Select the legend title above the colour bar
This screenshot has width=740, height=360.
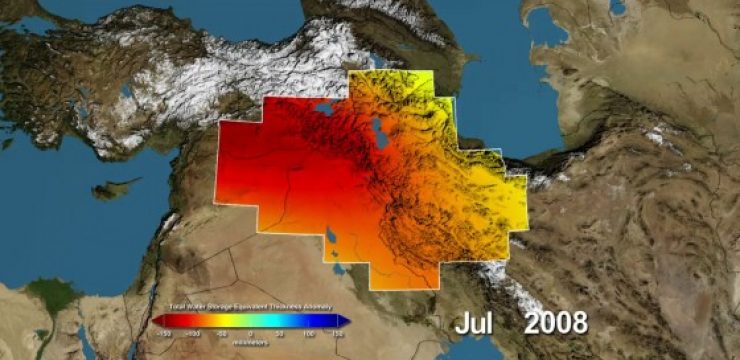click(250, 308)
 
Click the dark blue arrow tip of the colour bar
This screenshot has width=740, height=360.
click(344, 321)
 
